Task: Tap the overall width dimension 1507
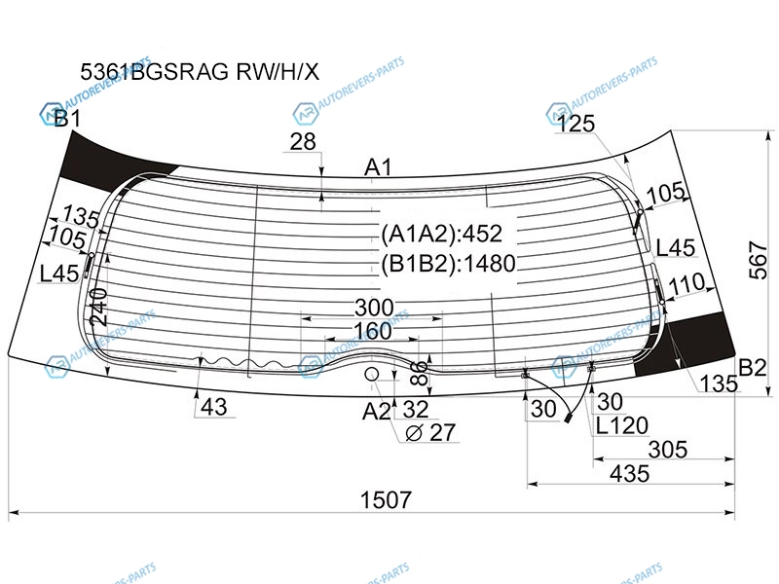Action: coord(387,500)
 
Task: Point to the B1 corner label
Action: coord(66,121)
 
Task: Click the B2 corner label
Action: coord(752,368)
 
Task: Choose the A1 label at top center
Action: coord(378,168)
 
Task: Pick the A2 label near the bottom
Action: coord(376,411)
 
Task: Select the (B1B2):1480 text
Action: coord(448,263)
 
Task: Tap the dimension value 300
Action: coord(374,309)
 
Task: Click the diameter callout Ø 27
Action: coord(430,432)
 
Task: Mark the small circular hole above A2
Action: coord(371,375)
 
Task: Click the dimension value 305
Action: coord(668,450)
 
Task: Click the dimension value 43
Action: coord(215,408)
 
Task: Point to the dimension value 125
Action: coord(575,124)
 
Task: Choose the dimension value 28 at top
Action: coord(303,142)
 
